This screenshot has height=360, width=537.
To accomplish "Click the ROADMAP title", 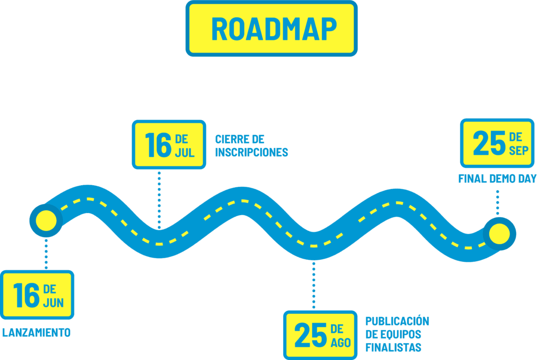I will point(273,29).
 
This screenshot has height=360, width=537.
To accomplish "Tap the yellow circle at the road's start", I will point(46,221).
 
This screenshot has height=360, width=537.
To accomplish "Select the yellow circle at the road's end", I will point(499,234).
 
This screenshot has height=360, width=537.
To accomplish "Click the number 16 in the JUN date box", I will point(26,295).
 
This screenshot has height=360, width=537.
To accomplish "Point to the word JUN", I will point(53,303).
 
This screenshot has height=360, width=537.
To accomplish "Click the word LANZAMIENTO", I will point(36,333).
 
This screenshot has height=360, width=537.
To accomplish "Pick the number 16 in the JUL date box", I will point(158,145).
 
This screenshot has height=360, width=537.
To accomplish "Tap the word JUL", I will point(185,153).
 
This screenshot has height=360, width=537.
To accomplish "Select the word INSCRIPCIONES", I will point(251,153).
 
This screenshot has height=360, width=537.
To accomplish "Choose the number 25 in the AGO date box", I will point(310,336).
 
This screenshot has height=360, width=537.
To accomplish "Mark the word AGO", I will point(340,343).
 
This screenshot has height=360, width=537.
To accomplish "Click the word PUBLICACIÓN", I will point(397,321).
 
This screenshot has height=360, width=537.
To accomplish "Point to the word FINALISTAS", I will point(393,347).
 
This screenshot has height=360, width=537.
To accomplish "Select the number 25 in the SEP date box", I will point(489,144).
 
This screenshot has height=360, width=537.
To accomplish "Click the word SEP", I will point(519,151).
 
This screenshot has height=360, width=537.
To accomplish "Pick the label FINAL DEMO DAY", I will point(497,178).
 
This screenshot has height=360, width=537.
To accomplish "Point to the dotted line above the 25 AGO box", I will point(314,286).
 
